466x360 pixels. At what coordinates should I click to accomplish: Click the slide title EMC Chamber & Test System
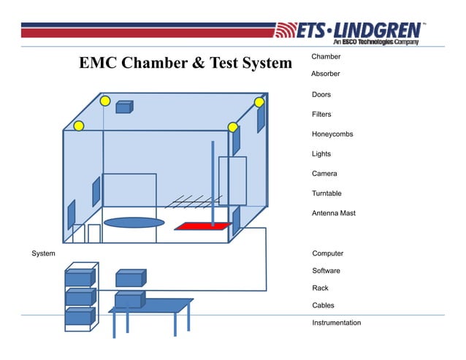[186, 64]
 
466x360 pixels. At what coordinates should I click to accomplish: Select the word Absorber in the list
[325, 74]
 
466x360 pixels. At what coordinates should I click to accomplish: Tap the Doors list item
[321, 95]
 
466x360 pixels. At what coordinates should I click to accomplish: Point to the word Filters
[321, 115]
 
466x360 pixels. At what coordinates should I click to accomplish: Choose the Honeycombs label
[332, 134]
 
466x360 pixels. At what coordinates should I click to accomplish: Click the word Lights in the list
[321, 154]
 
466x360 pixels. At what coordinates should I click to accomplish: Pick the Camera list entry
[324, 174]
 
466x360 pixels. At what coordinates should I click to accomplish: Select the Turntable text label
[326, 194]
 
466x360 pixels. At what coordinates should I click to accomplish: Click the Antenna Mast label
[333, 213]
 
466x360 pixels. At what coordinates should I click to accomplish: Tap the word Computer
[327, 253]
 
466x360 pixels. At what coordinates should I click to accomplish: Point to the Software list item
[326, 271]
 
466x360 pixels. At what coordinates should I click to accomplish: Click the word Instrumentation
[336, 323]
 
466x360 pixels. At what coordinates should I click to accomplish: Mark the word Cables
[323, 305]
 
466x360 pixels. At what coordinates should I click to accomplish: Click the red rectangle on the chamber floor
[202, 226]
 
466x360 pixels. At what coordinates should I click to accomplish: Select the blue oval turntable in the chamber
[134, 222]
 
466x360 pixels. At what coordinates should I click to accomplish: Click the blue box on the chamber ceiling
[123, 107]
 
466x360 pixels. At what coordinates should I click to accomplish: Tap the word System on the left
[43, 253]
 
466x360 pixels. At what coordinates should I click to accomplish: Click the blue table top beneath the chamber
[150, 306]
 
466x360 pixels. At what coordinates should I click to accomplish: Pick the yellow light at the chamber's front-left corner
[78, 126]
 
